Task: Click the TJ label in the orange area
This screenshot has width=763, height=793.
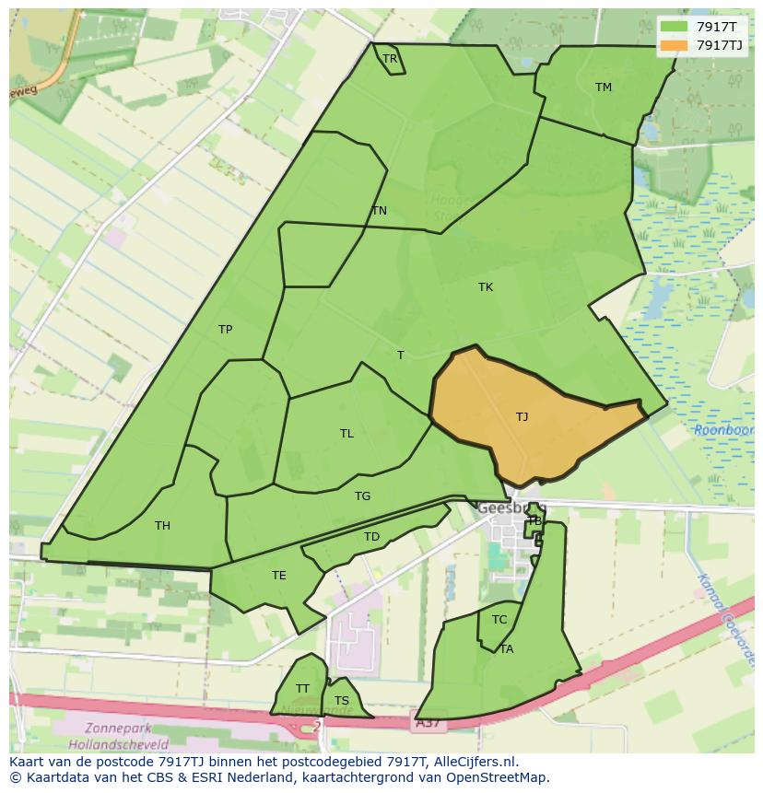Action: tap(522, 417)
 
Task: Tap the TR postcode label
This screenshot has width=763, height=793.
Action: tap(390, 59)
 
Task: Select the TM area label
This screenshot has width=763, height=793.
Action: tap(604, 87)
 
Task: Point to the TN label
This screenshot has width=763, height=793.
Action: tap(379, 211)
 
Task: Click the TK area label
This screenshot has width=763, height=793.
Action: tap(486, 287)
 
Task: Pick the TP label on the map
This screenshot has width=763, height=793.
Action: tap(225, 330)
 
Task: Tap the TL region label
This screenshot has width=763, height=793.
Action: tap(346, 434)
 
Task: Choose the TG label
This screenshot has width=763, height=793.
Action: tap(363, 496)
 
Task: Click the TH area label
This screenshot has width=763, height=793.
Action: tap(162, 526)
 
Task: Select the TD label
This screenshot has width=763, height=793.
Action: tap(371, 537)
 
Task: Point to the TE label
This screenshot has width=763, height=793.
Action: tap(278, 576)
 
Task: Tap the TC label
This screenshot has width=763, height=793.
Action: tap(499, 620)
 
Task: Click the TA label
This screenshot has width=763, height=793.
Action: tap(507, 649)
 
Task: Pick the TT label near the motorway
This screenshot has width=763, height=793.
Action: tap(302, 689)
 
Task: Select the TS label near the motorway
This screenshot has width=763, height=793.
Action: tap(342, 701)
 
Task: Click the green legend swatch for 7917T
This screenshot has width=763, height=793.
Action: tap(674, 28)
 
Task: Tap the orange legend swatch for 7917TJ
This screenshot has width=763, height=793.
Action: tap(674, 45)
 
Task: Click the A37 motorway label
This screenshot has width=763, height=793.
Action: tap(427, 725)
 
